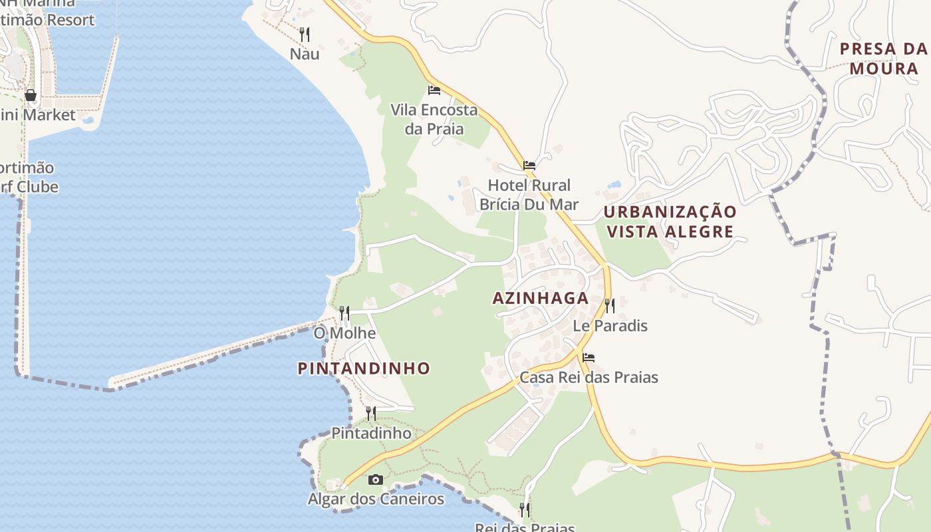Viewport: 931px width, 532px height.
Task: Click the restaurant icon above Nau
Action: coord(305,33)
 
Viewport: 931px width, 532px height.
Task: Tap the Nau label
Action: coord(305,54)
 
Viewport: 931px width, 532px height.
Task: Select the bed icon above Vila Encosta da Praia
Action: coord(434,90)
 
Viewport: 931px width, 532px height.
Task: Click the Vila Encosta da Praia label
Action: coord(434,119)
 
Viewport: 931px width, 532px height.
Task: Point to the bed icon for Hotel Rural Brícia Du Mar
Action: coord(529,165)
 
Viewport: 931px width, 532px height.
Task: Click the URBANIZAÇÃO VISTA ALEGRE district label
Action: coord(670,221)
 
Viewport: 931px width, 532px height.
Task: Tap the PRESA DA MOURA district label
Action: coord(884,59)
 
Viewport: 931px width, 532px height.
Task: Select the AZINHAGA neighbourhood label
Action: coord(541,299)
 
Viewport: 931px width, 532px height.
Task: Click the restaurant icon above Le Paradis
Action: coord(609,305)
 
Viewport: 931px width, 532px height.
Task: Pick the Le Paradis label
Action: coord(610,326)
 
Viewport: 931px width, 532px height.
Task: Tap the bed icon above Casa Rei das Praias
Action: coord(589,357)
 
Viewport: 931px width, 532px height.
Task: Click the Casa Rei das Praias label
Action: coord(589,377)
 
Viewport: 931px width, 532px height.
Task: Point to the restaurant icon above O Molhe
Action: coord(344,313)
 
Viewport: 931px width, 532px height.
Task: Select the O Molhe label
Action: coord(344,332)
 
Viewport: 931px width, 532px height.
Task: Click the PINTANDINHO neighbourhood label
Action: coord(364,368)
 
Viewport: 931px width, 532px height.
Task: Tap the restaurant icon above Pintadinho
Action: coord(371,413)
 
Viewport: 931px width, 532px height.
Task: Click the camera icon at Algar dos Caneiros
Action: coord(376,479)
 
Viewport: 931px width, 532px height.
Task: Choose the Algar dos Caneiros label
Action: coord(376,499)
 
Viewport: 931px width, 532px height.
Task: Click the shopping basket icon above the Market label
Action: coord(30,95)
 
